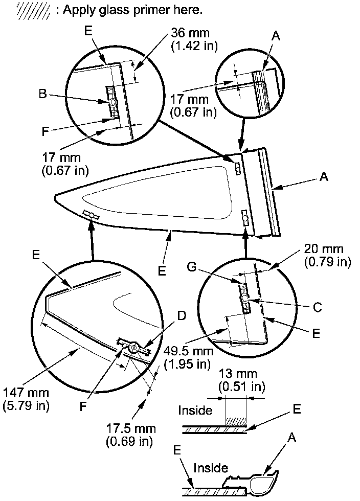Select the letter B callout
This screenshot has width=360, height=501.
coord(43,94)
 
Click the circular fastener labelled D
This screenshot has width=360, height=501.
coord(134,348)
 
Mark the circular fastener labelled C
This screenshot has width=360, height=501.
coord(245,298)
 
